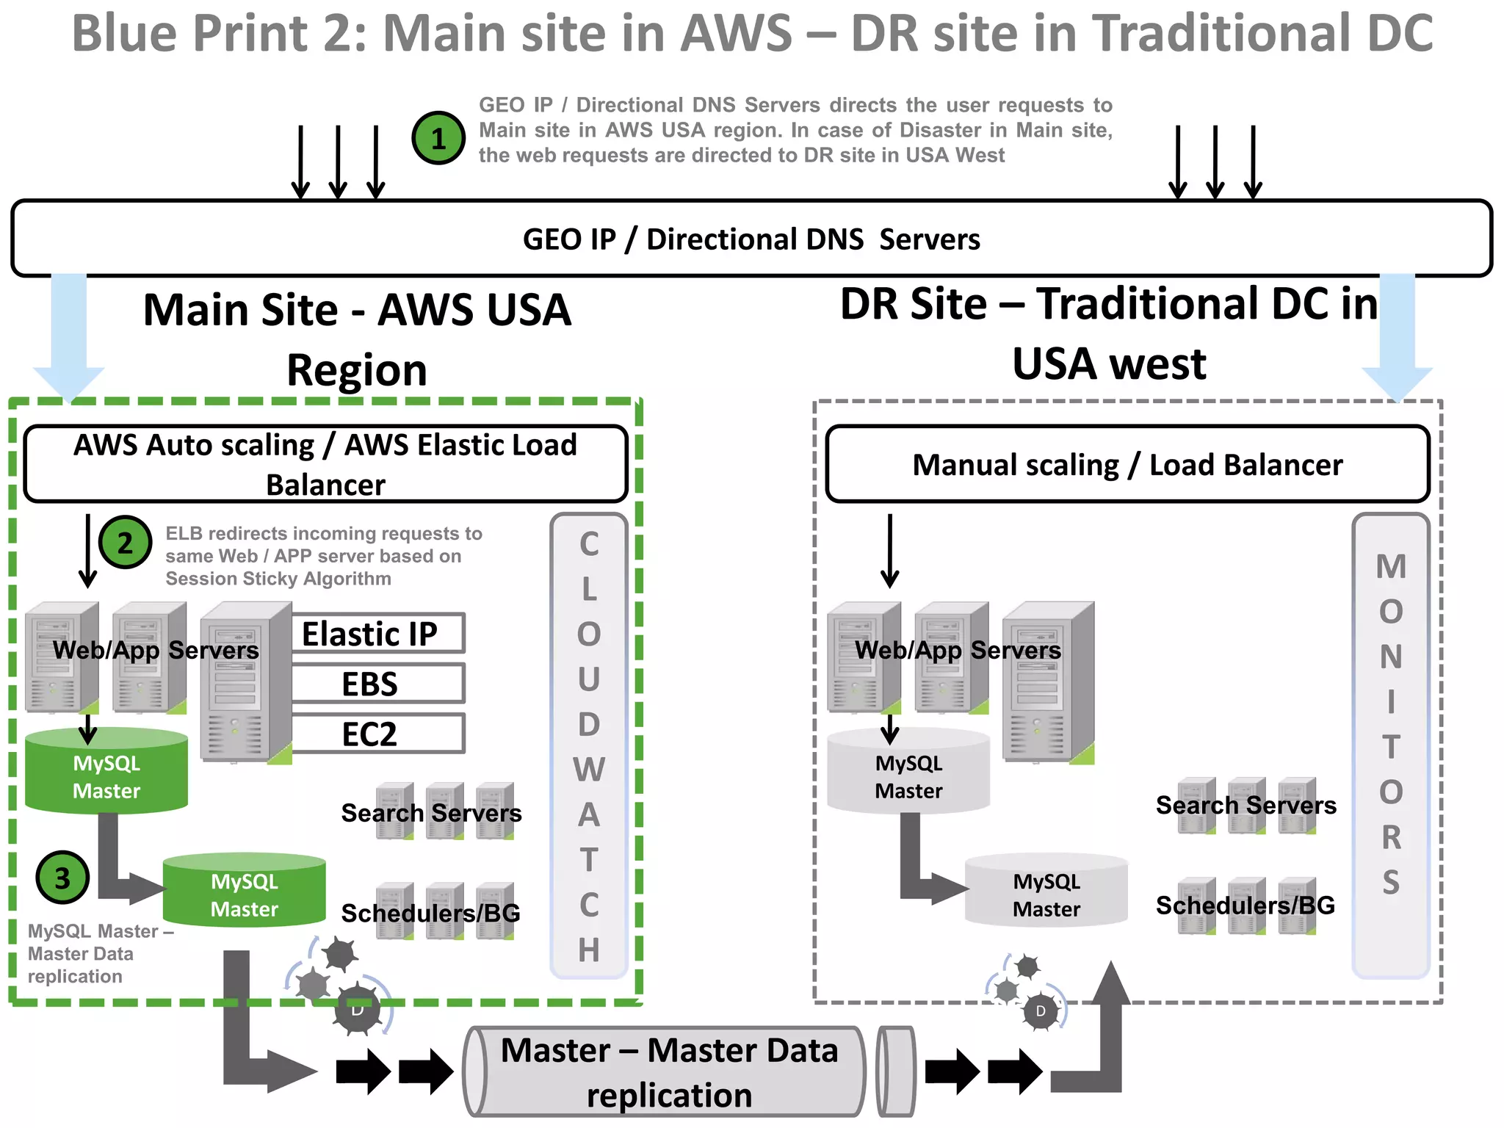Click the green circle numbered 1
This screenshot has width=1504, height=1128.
coord(438,138)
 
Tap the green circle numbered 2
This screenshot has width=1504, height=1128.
coord(125,543)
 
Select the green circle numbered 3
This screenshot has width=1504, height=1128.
coord(62,878)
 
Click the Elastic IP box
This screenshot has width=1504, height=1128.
coord(377,633)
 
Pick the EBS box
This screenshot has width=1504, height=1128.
coord(377,684)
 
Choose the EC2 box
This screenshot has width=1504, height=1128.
coord(377,734)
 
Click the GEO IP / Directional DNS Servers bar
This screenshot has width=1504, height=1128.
coord(751,239)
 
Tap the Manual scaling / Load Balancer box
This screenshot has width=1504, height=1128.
coord(1127,465)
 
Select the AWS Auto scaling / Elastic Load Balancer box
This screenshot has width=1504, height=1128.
coord(325,464)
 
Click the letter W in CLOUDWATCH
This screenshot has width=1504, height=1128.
coord(589,770)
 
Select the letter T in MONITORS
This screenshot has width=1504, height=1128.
coord(1391,747)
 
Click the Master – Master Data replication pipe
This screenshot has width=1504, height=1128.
coord(668,1072)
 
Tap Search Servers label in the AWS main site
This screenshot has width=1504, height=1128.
coord(431,813)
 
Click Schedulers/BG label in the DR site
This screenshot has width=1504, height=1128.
coord(1245,905)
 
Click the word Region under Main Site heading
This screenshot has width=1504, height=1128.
coord(357,369)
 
